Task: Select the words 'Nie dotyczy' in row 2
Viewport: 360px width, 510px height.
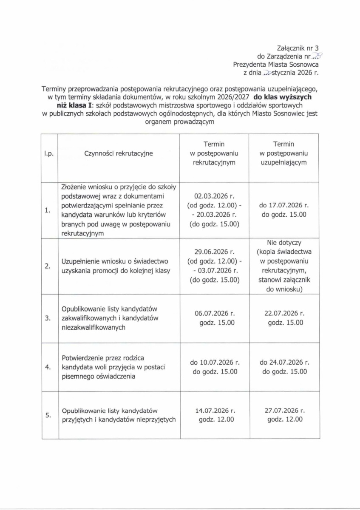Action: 284,243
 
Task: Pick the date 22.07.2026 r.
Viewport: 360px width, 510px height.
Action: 284,314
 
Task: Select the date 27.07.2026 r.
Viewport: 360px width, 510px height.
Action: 284,411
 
